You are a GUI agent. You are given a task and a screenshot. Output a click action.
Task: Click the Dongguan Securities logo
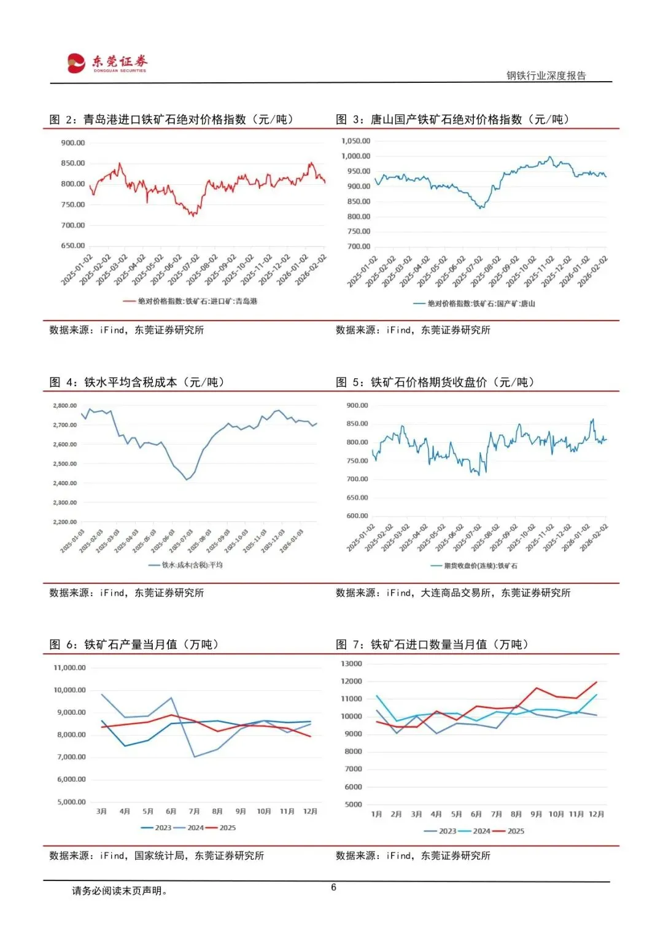click(x=107, y=63)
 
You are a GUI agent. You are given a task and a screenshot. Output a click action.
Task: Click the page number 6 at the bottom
click(x=333, y=887)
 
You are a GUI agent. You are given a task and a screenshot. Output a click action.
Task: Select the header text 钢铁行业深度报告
click(x=546, y=76)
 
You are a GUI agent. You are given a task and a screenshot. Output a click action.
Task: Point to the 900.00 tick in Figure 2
click(x=73, y=143)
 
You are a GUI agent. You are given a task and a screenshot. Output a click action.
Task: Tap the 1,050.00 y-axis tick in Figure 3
click(x=356, y=141)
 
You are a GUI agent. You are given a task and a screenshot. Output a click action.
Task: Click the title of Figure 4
click(x=137, y=383)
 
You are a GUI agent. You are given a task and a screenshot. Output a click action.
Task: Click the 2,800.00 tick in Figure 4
click(x=65, y=406)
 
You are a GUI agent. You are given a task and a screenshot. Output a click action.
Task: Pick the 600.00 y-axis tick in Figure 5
click(x=357, y=516)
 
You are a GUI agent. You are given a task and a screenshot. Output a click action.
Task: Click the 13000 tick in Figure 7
click(x=352, y=664)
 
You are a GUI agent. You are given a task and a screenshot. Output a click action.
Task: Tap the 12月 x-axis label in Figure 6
click(x=310, y=812)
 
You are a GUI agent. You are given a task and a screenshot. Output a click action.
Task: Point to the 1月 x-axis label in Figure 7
click(x=377, y=814)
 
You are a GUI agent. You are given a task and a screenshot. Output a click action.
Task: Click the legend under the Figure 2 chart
click(x=190, y=301)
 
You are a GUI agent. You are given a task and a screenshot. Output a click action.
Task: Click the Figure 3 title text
click(x=452, y=120)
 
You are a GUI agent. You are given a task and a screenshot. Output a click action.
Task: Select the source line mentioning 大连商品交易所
click(x=453, y=593)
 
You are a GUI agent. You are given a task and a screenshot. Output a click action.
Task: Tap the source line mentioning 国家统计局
click(x=157, y=856)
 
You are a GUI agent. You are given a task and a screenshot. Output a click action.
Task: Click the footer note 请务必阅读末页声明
click(x=119, y=891)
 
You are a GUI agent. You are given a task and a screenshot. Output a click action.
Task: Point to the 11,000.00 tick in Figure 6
click(x=70, y=668)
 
